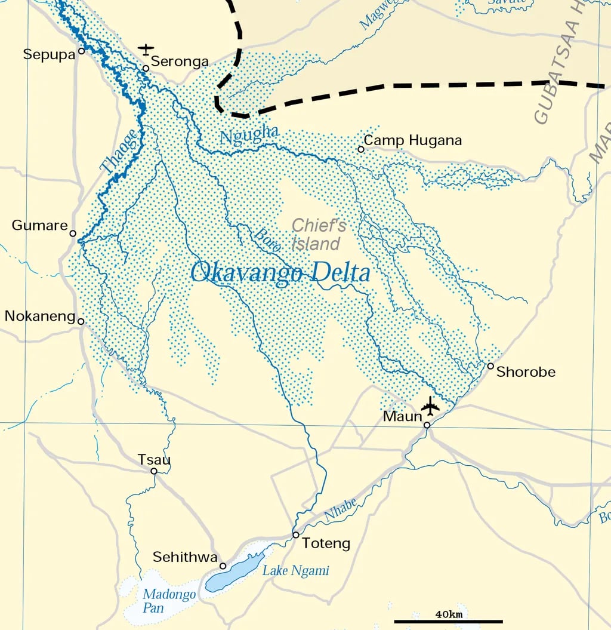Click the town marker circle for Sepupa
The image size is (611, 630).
click(82, 51)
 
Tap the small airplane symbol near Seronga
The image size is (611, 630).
click(146, 49)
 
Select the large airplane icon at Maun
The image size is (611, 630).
click(430, 406)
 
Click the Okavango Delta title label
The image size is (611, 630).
click(280, 273)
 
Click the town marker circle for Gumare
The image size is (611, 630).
click(73, 233)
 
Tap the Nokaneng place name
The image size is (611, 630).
click(39, 316)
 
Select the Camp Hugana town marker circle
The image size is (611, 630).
click(361, 149)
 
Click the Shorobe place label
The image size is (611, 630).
click(526, 372)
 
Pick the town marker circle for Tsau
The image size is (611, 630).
click(154, 471)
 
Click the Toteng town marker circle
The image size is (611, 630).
click(295, 534)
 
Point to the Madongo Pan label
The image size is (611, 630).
click(161, 601)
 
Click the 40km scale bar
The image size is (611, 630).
click(448, 621)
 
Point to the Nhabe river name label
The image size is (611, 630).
click(340, 510)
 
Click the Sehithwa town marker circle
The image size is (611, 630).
click(223, 566)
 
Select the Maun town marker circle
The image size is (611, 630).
click(427, 425)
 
